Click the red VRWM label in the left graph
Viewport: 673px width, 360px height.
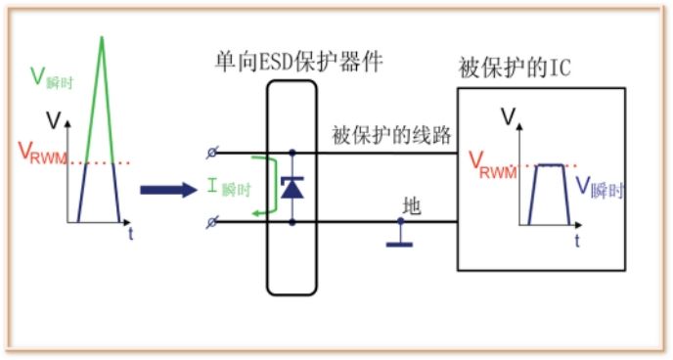[41, 154]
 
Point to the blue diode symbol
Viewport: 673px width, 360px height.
[292, 189]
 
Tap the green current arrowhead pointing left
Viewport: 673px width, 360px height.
[249, 214]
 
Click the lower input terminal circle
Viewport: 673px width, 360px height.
[213, 225]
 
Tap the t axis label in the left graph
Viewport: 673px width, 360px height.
[130, 233]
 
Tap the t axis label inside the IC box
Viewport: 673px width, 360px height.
[576, 238]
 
